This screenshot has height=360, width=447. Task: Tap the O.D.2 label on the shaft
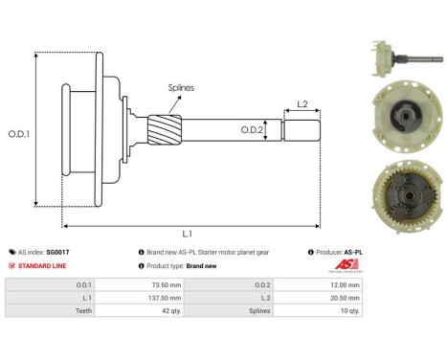(251, 128)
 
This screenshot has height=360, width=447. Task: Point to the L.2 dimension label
(302, 102)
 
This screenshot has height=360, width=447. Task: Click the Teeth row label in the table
(42, 310)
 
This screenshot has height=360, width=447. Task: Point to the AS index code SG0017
(56, 252)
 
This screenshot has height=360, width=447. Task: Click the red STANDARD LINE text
(41, 266)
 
